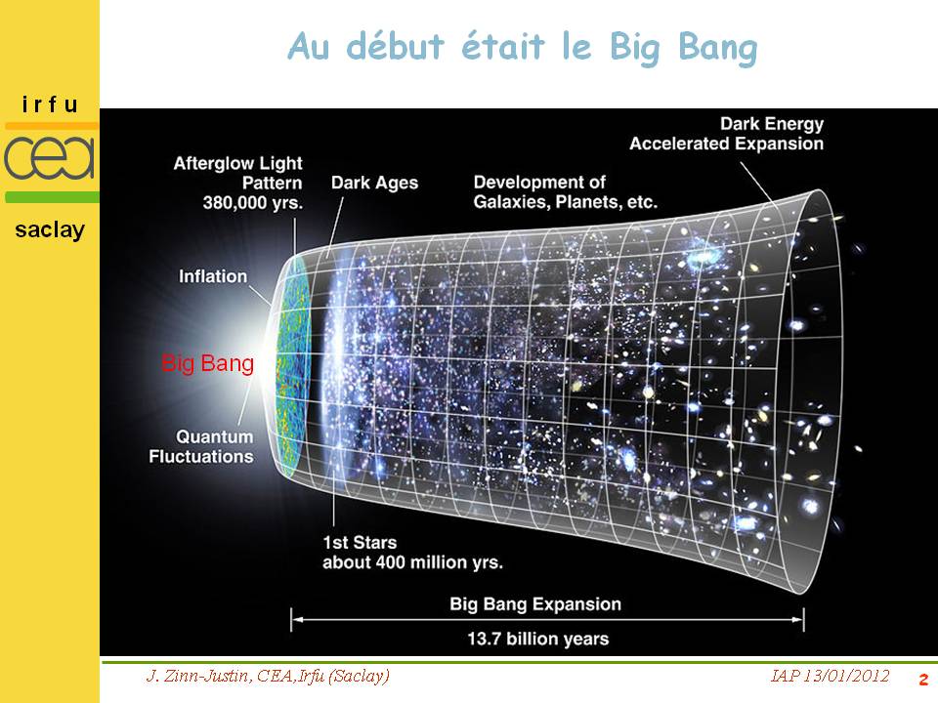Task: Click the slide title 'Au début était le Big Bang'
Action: click(522, 48)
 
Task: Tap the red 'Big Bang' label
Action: click(207, 363)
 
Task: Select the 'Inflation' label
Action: click(213, 276)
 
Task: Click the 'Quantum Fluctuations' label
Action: click(201, 446)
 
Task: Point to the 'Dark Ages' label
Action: click(374, 183)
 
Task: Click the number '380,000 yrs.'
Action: click(252, 203)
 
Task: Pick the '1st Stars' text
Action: click(360, 543)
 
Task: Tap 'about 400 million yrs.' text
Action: click(412, 562)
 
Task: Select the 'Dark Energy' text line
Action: click(772, 124)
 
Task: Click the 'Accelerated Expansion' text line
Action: click(726, 144)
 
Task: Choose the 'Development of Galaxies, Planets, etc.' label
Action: click(566, 192)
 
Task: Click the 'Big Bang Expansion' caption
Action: click(535, 604)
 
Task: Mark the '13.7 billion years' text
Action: click(537, 639)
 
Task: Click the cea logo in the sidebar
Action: click(50, 158)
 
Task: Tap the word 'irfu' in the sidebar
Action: click(50, 105)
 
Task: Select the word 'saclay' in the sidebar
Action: click(50, 230)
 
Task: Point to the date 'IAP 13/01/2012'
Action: click(830, 676)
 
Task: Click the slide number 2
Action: click(923, 680)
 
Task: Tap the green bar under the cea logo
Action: click(52, 197)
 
